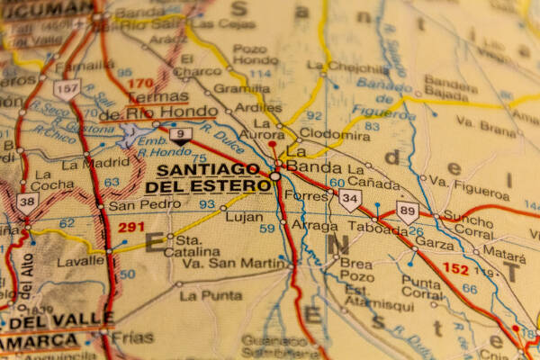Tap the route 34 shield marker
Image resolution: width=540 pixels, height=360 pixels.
[350, 200]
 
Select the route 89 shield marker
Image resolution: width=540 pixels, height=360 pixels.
[408, 212]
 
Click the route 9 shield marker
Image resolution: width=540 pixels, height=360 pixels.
[181, 136]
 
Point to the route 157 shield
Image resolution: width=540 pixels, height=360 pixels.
[67, 88]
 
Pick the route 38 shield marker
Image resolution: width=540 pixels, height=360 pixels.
[27, 202]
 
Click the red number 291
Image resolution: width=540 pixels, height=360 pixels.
[131, 228]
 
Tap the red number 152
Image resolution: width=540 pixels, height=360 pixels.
[455, 268]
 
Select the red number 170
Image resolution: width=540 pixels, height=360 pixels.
[139, 84]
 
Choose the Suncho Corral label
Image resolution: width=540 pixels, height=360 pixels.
[468, 224]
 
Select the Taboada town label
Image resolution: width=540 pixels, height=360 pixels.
[377, 229]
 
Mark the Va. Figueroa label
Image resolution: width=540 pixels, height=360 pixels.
[469, 189]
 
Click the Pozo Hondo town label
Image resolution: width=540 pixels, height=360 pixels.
[255, 53]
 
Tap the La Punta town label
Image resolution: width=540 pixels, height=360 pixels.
[211, 295]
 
